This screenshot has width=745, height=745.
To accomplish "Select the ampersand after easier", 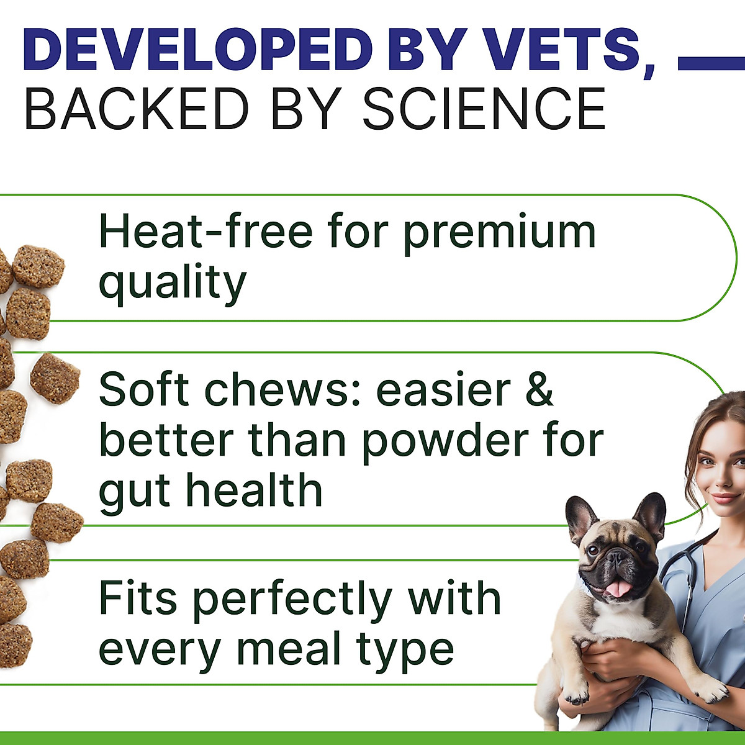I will point(538,389).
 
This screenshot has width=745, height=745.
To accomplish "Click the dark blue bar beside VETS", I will point(711,63).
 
